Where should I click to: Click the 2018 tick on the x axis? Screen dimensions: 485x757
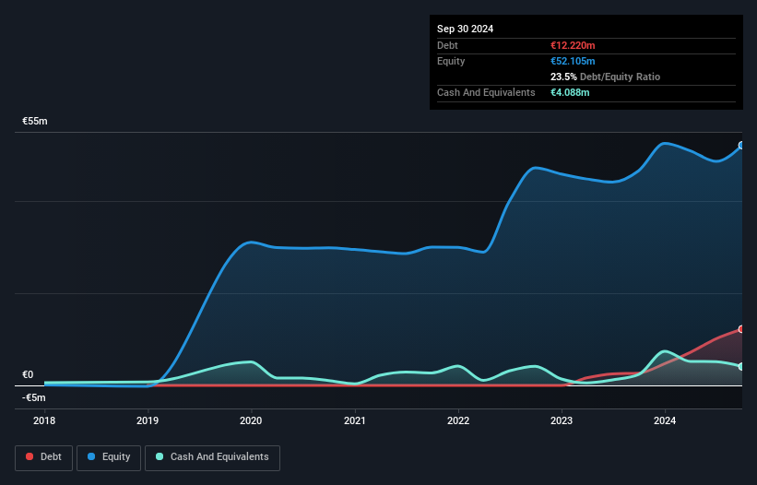[x=44, y=420]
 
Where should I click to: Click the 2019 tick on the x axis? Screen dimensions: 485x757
[x=148, y=420]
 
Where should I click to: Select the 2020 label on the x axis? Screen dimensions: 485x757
[x=251, y=420]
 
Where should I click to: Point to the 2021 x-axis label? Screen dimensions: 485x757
[x=355, y=420]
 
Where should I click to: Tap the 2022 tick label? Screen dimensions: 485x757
[x=458, y=420]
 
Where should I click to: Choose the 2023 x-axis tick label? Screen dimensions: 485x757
[x=562, y=420]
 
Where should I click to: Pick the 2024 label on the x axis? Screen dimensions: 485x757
[x=665, y=420]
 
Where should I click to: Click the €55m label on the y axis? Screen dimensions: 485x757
[x=35, y=122]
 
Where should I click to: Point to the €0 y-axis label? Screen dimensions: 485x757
[x=28, y=374]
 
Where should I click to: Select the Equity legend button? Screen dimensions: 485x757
[x=109, y=456]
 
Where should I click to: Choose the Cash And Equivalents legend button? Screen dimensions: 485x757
[x=212, y=456]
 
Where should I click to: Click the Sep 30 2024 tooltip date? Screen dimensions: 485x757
[x=466, y=29]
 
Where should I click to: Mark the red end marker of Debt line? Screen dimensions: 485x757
[x=740, y=329]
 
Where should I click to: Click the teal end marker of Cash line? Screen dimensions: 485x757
[x=740, y=367]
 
